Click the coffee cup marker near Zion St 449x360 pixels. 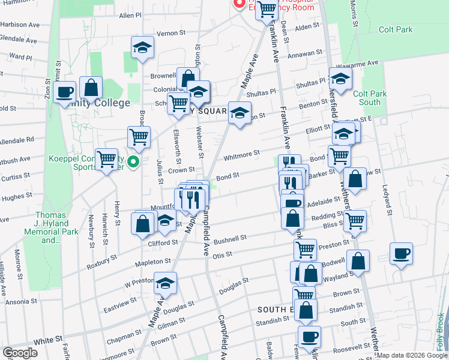[x=64, y=92]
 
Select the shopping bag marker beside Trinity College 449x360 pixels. [x=91, y=88]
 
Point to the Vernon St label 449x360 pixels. [x=169, y=33]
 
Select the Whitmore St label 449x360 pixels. [x=241, y=156]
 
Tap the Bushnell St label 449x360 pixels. [x=230, y=239]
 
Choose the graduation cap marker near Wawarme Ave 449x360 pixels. [x=340, y=79]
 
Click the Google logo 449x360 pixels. [x=20, y=353]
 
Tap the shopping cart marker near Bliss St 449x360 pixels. [x=355, y=220]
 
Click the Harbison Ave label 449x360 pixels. [x=20, y=25]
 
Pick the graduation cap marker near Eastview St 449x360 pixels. [x=164, y=283]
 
